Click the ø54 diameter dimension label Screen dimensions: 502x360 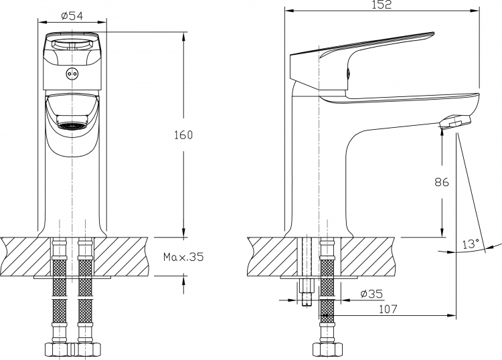(x=72, y=15)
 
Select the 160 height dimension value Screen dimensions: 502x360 (x=183, y=135)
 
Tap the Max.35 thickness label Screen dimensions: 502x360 (x=183, y=257)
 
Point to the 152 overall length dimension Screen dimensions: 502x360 (x=382, y=5)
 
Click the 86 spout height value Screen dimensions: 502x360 (x=442, y=182)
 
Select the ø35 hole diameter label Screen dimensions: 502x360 (x=371, y=294)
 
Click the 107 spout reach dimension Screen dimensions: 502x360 (x=388, y=309)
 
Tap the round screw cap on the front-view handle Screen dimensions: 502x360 (x=72, y=74)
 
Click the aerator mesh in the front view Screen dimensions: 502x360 (x=72, y=126)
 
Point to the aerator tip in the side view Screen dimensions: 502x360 (x=456, y=122)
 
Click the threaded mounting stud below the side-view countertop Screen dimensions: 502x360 (x=307, y=292)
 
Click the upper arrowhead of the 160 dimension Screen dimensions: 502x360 (x=183, y=37)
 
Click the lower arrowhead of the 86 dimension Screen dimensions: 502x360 (x=442, y=232)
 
